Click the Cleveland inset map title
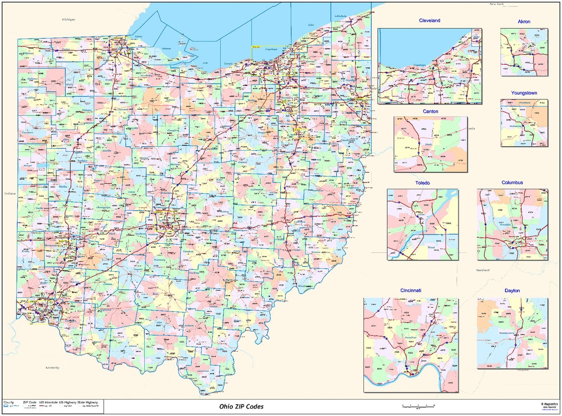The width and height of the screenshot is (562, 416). point(429,21)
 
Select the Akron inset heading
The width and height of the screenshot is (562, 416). point(524,22)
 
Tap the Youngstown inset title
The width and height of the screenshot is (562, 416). point(524,93)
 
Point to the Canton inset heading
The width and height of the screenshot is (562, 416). point(430,111)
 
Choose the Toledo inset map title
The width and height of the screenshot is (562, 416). point(422,182)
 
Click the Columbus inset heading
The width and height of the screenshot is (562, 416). point(512,182)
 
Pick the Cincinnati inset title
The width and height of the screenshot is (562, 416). point(410,291)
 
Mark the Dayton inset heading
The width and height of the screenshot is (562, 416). point(512,291)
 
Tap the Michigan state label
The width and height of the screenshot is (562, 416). point(68,20)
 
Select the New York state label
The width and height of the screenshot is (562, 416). point(496,4)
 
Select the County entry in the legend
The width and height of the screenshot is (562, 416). point(9,402)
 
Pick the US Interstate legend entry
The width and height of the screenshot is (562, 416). point(48,402)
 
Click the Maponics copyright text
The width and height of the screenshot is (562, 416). point(549,403)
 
